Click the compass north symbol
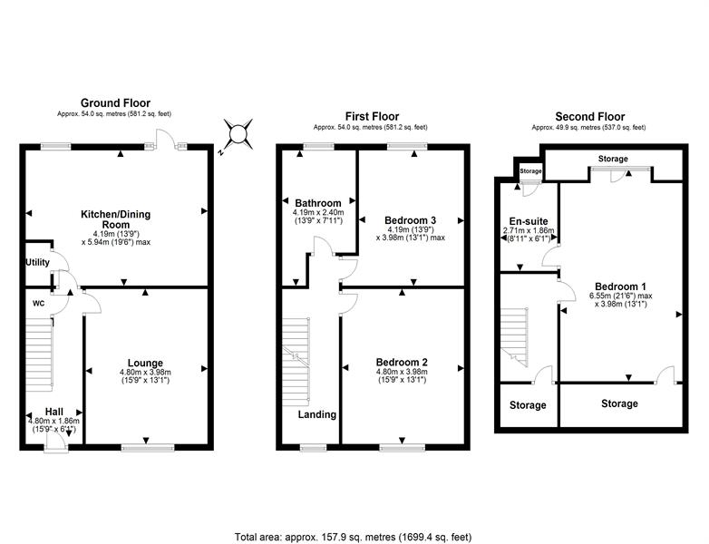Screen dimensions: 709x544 coord(237,135)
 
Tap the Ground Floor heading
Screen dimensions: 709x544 coord(115,103)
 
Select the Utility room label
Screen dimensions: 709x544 coord(37,262)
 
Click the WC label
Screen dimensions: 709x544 coord(38,304)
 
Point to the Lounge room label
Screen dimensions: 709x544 coord(145,363)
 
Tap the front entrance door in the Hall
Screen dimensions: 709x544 coord(56,447)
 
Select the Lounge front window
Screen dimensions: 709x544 coord(148,447)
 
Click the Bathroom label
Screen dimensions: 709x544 coord(318,203)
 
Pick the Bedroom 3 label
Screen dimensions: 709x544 coord(410,220)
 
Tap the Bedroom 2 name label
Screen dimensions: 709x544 coord(402,363)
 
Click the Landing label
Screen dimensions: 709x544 coord(317,414)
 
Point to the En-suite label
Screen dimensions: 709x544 coord(529,221)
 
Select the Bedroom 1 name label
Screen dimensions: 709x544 coord(620,287)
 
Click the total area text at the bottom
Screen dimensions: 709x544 coord(354,537)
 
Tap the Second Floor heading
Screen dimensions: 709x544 coord(590,117)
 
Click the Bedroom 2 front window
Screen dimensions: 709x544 coord(402,447)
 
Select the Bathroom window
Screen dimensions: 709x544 coord(319,147)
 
